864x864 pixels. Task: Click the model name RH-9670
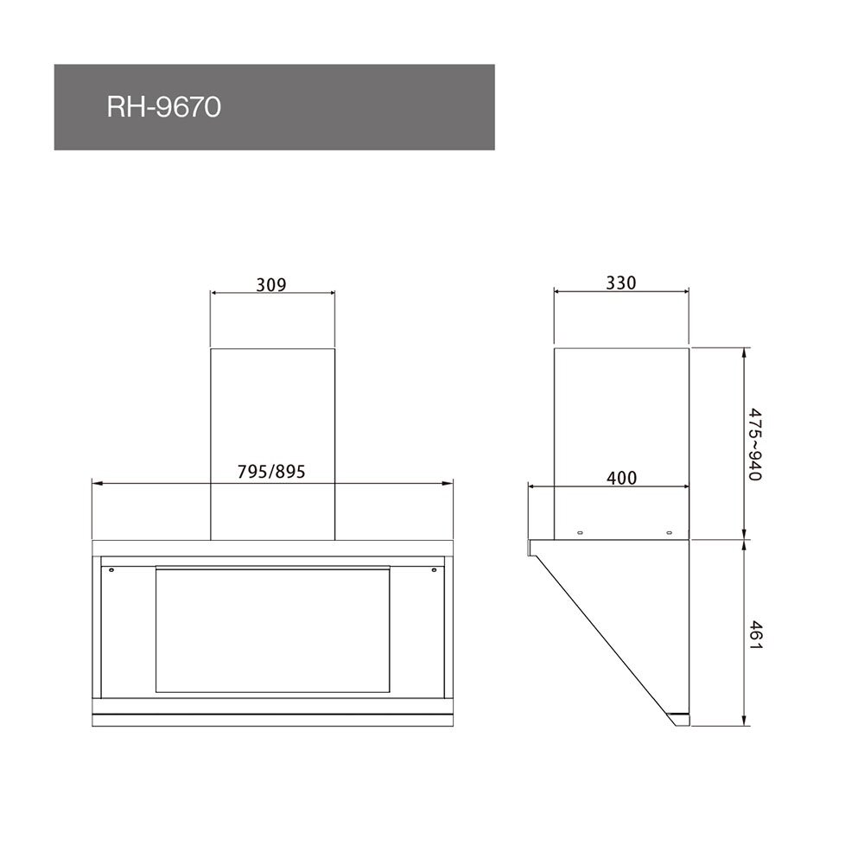click(163, 108)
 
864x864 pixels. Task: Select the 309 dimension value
click(271, 283)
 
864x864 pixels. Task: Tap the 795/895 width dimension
click(272, 472)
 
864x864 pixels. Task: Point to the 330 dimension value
click(621, 283)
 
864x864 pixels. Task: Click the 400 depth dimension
click(622, 478)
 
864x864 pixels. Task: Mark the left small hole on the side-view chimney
click(580, 530)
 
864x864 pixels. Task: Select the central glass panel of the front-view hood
click(272, 629)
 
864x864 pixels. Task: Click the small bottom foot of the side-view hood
click(681, 719)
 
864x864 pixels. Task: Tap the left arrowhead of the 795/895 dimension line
click(95, 484)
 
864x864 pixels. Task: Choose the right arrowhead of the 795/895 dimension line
click(449, 484)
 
